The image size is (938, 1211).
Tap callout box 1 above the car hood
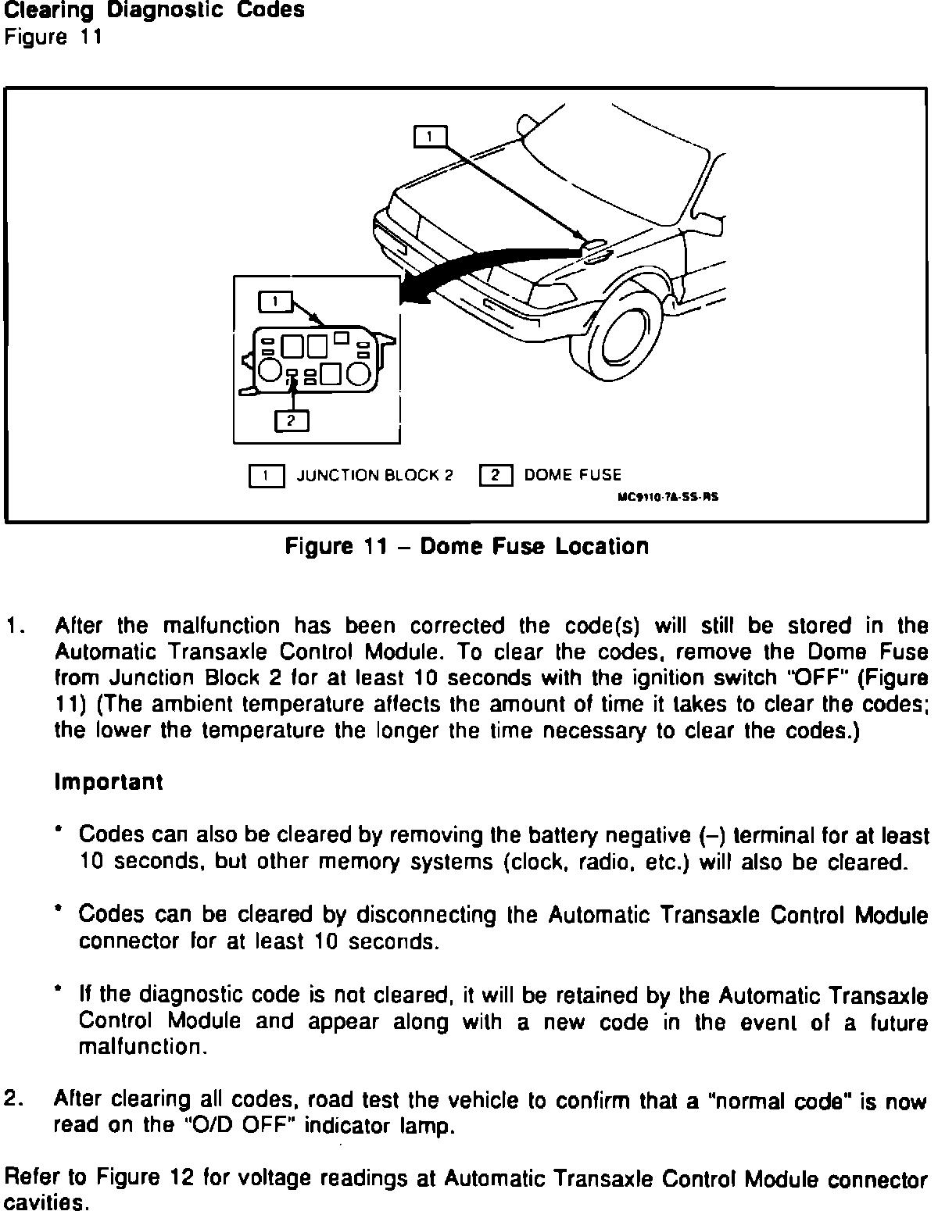click(x=430, y=138)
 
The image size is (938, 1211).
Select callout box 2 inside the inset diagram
click(x=292, y=420)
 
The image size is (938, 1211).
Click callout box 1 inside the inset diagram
click(x=275, y=301)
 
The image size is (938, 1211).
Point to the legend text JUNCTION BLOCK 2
click(x=374, y=475)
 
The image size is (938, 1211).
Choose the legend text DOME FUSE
click(x=573, y=475)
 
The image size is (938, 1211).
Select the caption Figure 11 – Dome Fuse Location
click(x=467, y=546)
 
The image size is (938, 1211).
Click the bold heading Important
click(x=109, y=782)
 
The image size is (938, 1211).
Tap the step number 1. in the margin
click(x=16, y=627)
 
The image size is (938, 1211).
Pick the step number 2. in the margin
click(x=16, y=1099)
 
